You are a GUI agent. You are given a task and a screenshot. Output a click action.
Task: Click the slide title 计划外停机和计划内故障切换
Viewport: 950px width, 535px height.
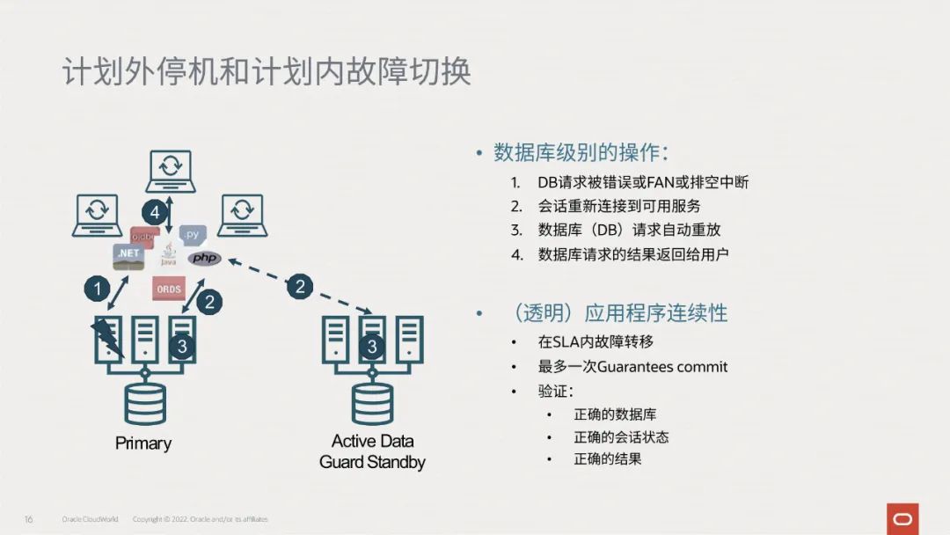267,72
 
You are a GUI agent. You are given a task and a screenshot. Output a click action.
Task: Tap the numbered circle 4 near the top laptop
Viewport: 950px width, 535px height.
155,212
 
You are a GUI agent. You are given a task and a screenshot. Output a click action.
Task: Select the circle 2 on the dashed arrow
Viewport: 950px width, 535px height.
300,286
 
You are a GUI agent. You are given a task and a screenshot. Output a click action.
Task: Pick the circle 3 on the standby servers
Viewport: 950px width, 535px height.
372,347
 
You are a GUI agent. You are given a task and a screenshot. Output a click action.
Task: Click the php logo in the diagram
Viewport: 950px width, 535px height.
204,259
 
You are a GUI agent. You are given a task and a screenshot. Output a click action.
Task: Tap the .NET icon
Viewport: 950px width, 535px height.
128,254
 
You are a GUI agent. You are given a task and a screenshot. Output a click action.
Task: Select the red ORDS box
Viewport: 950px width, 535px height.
168,289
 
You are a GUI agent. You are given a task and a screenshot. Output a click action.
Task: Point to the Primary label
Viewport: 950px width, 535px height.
143,443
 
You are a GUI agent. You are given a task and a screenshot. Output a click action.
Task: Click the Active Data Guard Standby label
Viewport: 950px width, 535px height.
372,451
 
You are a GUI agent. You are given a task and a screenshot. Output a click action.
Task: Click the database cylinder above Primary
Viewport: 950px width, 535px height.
145,402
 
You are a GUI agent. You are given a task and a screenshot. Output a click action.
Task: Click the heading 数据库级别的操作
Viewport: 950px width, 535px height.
580,152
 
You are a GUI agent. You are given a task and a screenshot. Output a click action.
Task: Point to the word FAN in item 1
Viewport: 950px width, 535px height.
660,183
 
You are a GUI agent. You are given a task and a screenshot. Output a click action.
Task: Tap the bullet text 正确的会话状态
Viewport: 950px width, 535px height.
621,436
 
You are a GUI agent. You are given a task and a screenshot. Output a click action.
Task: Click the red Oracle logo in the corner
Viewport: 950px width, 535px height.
902,518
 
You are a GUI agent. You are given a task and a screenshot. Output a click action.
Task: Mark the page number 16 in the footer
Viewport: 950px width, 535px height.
28,519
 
